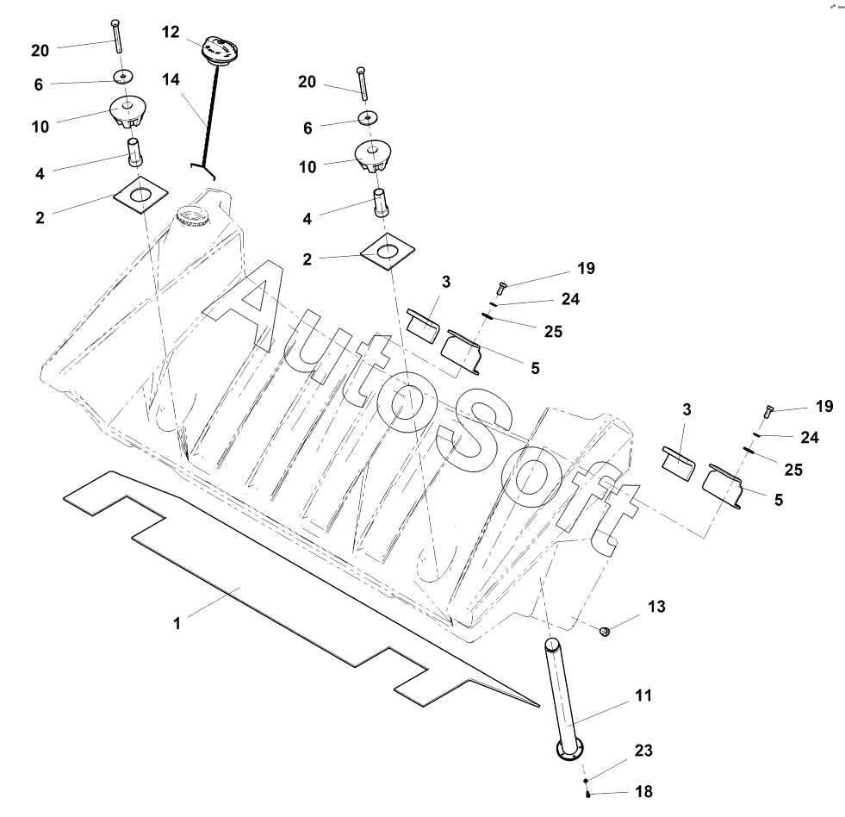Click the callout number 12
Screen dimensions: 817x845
pyautogui.click(x=170, y=32)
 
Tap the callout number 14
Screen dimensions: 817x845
pyautogui.click(x=170, y=79)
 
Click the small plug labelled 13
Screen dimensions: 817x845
pyautogui.click(x=605, y=632)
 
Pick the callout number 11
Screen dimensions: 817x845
pyautogui.click(x=643, y=695)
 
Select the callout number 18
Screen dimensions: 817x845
pyautogui.click(x=643, y=791)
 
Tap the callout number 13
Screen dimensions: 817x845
pyautogui.click(x=656, y=607)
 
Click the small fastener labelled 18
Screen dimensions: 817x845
pyautogui.click(x=587, y=794)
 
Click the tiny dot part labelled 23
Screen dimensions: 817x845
pyautogui.click(x=586, y=778)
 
